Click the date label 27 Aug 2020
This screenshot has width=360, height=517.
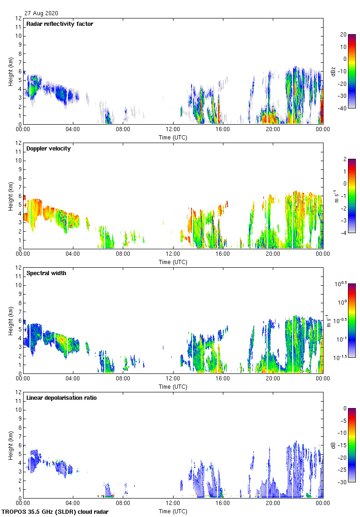[41, 13]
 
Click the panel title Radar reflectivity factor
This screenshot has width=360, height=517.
[60, 24]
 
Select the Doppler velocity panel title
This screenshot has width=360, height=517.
[48, 149]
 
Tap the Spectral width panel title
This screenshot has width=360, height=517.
[46, 273]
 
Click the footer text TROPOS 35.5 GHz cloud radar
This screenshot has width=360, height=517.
[56, 512]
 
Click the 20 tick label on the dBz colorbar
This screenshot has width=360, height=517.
[343, 34]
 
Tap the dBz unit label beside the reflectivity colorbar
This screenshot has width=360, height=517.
[333, 72]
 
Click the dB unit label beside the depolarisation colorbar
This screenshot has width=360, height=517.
[333, 445]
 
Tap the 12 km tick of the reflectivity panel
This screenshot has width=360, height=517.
[18, 18]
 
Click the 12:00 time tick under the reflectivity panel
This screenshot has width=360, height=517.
[173, 130]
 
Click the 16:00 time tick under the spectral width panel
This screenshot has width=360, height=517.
[223, 379]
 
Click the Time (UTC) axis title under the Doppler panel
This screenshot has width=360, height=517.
[173, 262]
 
